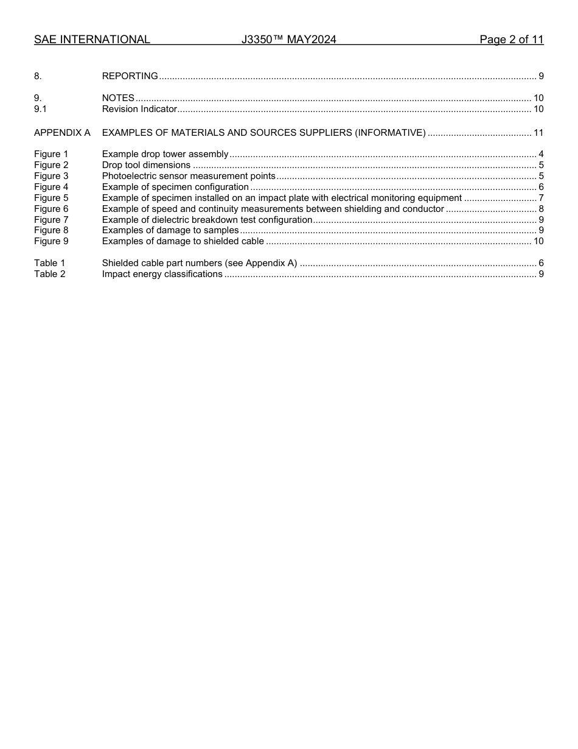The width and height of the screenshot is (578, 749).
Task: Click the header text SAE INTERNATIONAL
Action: point(92,40)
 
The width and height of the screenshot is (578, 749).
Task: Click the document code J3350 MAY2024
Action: point(288,40)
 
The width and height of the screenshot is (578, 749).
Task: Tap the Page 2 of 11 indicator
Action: point(511,40)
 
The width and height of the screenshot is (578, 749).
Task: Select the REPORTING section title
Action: point(130,76)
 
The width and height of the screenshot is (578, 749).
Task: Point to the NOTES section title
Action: point(118,98)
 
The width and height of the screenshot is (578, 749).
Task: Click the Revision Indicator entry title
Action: point(139,109)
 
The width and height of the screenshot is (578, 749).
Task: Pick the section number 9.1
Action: point(40,109)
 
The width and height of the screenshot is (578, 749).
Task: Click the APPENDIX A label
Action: point(62,133)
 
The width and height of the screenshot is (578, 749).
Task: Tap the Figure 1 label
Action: point(51,154)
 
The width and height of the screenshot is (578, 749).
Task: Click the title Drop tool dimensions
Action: point(146,165)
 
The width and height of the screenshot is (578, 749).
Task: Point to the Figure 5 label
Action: point(51,198)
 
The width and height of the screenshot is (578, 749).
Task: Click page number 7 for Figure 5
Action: point(541,198)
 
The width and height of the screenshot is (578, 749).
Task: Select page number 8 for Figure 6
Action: point(541,209)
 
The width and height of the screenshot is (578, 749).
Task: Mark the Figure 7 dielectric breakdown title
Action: point(207,220)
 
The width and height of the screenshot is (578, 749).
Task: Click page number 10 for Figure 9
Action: point(538,241)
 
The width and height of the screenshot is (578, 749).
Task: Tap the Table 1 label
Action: point(49,263)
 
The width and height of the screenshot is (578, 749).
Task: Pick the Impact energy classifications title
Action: point(162,274)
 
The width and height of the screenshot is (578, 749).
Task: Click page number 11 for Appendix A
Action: point(538,133)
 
